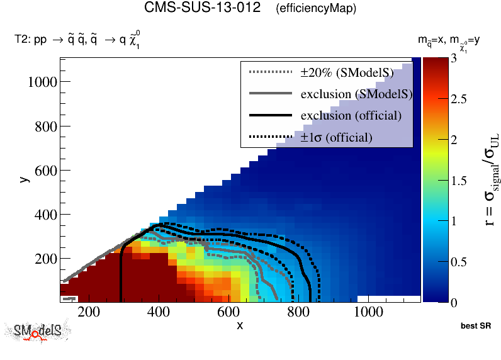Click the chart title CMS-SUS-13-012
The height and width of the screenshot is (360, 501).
click(x=202, y=9)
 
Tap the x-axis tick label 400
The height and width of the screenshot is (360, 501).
click(x=158, y=313)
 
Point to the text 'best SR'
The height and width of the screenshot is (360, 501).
click(x=475, y=326)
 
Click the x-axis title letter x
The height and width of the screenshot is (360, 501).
click(x=240, y=325)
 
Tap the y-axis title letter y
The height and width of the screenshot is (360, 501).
click(x=23, y=180)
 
